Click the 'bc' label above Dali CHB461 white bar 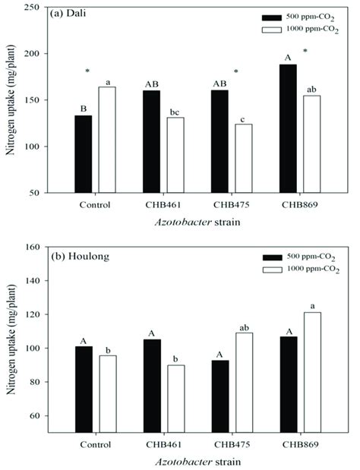coord(174,111)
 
